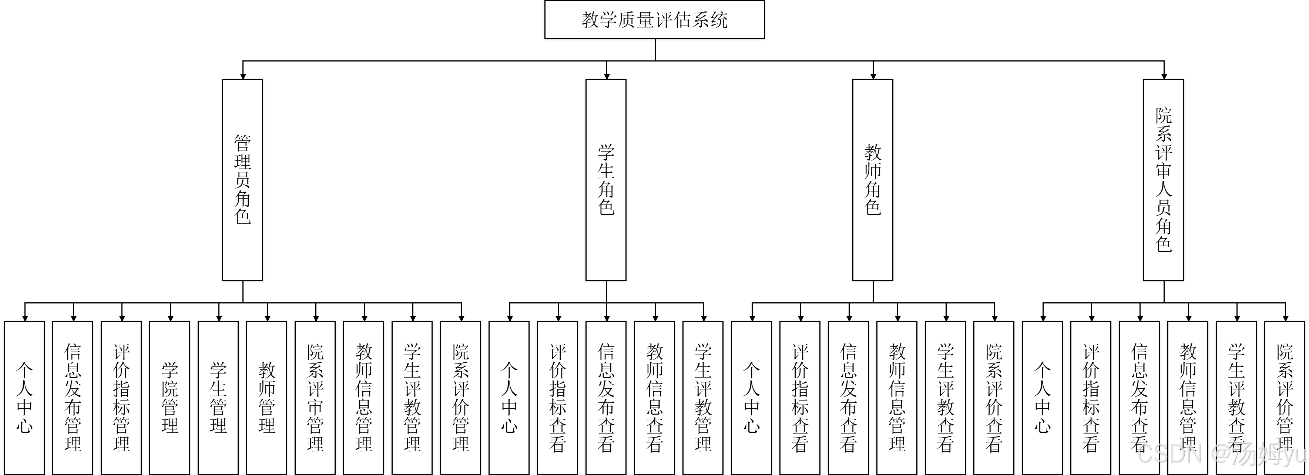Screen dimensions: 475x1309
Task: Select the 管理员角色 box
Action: [242, 180]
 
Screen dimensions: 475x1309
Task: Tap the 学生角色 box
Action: [606, 180]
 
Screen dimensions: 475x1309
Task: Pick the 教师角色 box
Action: [873, 180]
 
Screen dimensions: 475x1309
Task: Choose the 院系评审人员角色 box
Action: [1164, 180]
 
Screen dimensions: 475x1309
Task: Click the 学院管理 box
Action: [170, 397]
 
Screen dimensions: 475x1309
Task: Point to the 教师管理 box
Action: [267, 397]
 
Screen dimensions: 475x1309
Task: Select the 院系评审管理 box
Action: [315, 397]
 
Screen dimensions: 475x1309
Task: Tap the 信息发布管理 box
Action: [73, 397]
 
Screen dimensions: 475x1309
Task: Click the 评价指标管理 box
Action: [121, 397]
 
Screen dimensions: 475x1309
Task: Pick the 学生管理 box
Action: [218, 397]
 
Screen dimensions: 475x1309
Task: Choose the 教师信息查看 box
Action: [654, 397]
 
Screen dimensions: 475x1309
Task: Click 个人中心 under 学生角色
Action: [509, 397]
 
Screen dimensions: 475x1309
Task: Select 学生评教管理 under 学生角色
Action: [703, 397]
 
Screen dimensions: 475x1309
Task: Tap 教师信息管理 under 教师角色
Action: [897, 397]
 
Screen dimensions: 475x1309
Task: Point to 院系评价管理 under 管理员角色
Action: [460, 397]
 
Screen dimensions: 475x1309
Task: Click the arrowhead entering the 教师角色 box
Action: [873, 76]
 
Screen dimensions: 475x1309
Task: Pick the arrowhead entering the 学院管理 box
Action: [170, 318]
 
